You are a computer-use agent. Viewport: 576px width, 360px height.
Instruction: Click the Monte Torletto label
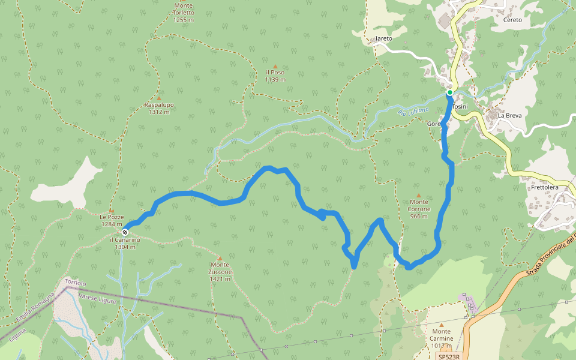point(183,13)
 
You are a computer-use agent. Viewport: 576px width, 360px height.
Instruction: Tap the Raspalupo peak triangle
point(159,98)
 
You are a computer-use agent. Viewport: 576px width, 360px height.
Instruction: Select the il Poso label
point(275,76)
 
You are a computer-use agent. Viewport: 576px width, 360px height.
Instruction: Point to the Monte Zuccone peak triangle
point(220,259)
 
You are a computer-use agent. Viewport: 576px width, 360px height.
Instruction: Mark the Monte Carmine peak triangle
point(442,325)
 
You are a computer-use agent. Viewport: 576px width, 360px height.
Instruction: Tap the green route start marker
point(449,92)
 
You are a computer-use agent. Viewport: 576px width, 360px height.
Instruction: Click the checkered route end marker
point(125,232)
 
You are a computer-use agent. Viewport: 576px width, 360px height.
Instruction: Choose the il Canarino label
point(125,243)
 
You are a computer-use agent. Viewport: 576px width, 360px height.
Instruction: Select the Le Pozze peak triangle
point(111,210)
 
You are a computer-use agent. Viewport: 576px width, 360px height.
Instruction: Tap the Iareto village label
point(383,38)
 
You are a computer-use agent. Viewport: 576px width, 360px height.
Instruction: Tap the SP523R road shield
point(448,356)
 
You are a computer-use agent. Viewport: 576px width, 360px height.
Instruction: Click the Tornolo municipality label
point(76,283)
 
